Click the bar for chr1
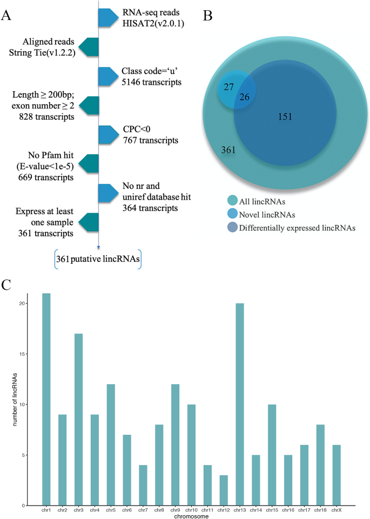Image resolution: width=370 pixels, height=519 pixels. [x=46, y=399]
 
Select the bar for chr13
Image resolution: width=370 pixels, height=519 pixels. [x=239, y=404]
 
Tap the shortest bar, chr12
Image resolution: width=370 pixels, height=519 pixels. [x=223, y=490]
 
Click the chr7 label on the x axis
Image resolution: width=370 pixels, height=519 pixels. [x=143, y=510]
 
